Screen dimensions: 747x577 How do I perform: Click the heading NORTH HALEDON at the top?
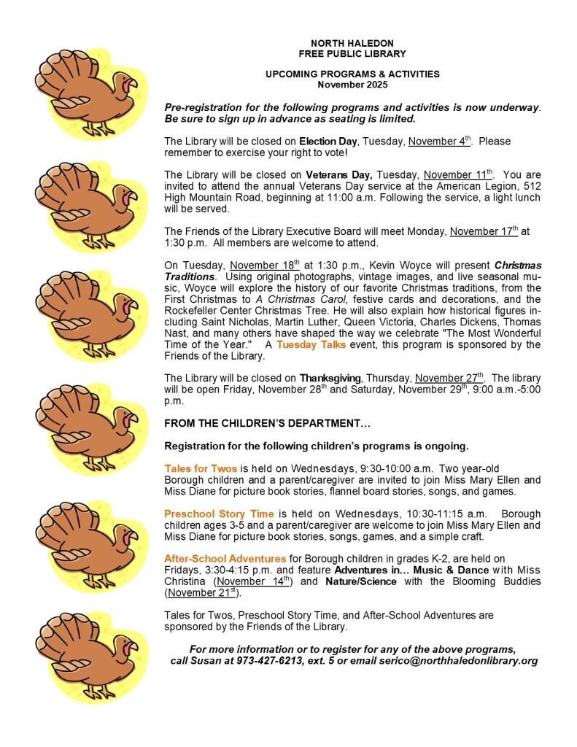pos(352,43)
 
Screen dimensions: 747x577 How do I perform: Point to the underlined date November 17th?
pos(484,231)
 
